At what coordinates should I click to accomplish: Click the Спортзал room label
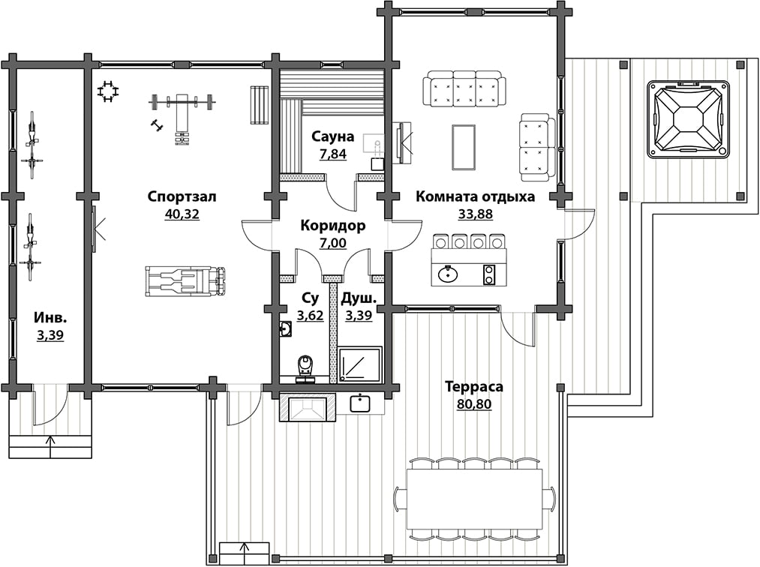(182, 196)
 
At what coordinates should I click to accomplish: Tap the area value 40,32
(182, 214)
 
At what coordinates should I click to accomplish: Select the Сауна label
(332, 136)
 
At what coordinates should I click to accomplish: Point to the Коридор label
(333, 226)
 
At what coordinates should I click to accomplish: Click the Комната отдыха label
(476, 196)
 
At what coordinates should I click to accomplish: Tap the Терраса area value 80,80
(474, 403)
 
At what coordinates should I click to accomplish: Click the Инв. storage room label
(50, 318)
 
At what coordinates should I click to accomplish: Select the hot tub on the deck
(688, 119)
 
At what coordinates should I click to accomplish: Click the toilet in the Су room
(305, 367)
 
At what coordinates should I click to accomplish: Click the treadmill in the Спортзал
(185, 280)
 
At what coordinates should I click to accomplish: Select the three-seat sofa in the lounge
(464, 88)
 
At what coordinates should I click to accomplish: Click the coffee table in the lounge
(464, 147)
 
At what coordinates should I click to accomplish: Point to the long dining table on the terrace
(474, 499)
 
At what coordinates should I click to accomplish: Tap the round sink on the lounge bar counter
(449, 274)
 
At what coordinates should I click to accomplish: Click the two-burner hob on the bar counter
(489, 274)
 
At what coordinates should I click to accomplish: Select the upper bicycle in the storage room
(32, 145)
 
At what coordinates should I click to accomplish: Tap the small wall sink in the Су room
(286, 329)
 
